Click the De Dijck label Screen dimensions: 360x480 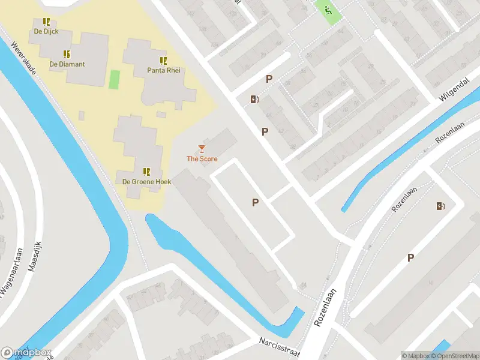point(46,31)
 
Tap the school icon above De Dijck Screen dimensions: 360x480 point(46,22)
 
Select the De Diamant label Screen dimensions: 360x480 point(67,64)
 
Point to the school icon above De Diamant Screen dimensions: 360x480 point(67,54)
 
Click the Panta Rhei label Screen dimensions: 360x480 point(163,70)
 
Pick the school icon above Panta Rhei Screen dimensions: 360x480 point(163,61)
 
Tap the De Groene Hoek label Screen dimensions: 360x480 point(147,181)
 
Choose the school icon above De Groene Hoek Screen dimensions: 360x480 point(147,172)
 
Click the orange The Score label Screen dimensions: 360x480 point(202,159)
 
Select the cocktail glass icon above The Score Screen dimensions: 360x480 point(202,149)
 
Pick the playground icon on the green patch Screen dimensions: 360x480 point(328,10)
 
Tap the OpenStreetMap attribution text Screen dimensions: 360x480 point(454,356)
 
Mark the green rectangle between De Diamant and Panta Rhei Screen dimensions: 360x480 point(114,79)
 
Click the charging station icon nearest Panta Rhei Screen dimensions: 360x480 point(255,100)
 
